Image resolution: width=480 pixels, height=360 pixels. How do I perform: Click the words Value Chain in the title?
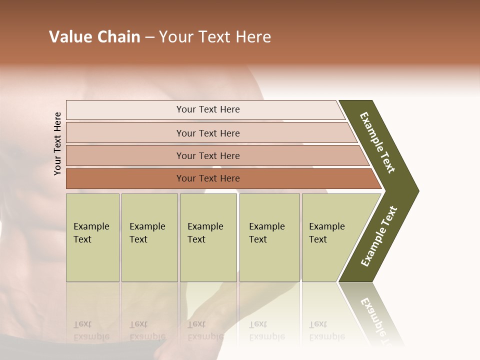click(94, 37)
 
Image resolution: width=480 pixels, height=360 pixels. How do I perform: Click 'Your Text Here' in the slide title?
click(215, 37)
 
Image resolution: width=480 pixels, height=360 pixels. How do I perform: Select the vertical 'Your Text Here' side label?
click(57, 143)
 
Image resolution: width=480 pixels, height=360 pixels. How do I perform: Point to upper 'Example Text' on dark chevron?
click(377, 142)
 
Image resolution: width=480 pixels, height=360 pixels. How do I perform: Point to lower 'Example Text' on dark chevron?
click(379, 236)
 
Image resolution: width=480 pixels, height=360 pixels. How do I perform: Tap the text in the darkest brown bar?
click(208, 178)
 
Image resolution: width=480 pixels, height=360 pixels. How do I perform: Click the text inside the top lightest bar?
click(208, 109)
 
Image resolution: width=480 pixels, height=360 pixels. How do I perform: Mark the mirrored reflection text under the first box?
click(91, 330)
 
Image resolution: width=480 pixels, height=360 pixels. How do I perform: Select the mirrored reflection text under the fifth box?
click(326, 330)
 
